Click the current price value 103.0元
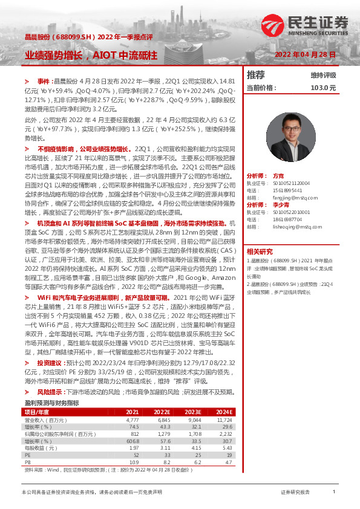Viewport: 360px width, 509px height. pyautogui.click(x=322, y=88)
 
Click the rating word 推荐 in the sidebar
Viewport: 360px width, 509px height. pyautogui.click(x=256, y=75)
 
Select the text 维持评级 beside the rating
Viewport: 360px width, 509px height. pyautogui.click(x=324, y=76)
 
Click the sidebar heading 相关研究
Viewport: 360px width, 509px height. pyautogui.click(x=259, y=251)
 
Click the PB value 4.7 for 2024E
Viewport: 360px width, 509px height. pyautogui.click(x=228, y=462)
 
